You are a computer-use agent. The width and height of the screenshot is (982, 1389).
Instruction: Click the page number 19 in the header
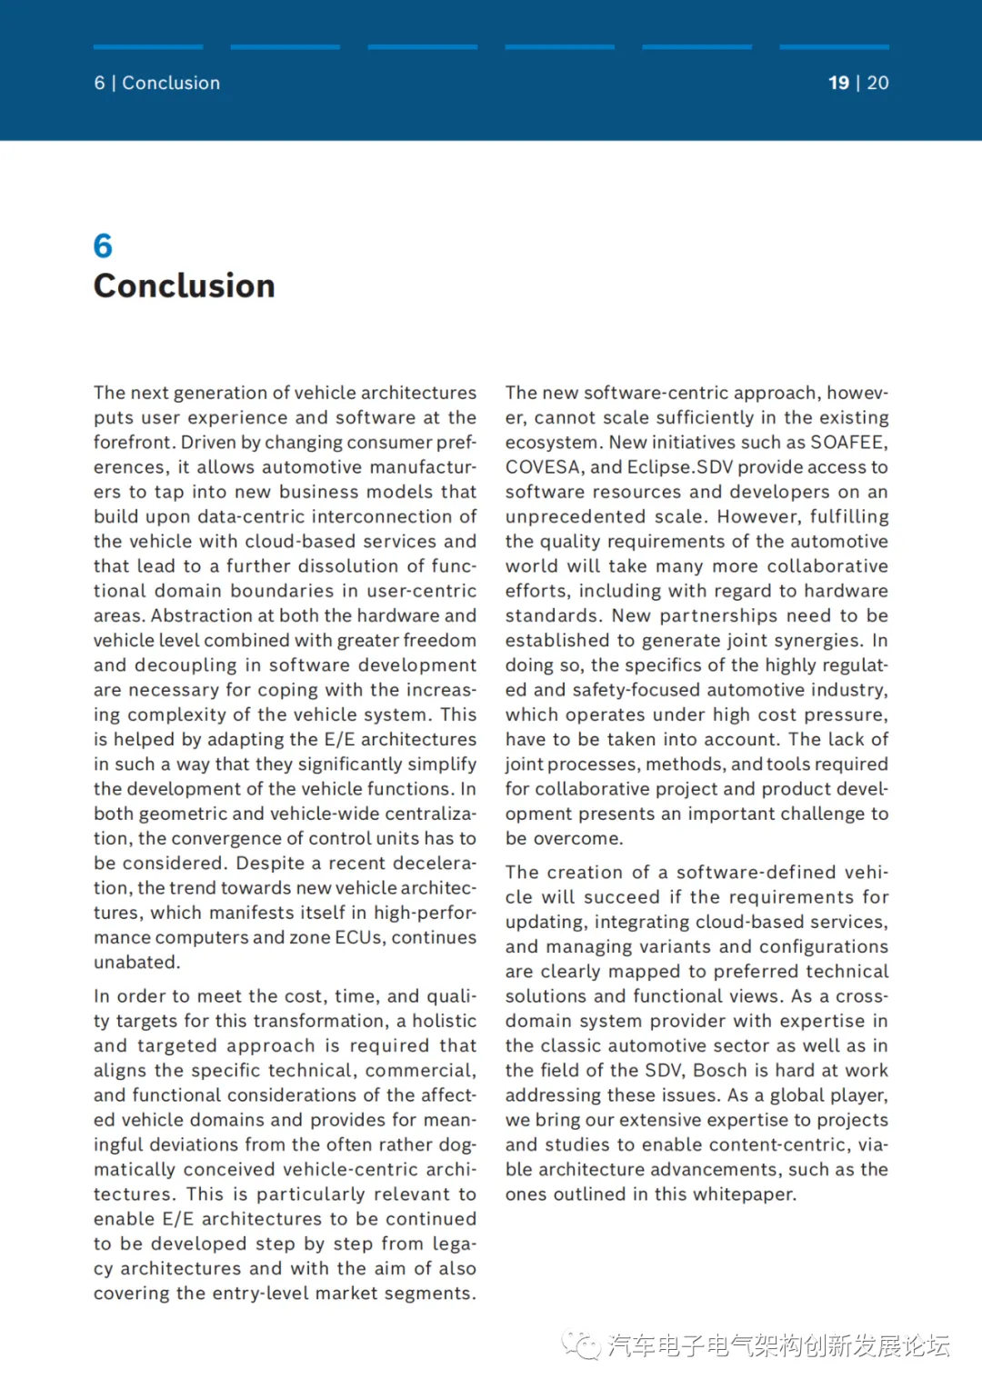tap(838, 83)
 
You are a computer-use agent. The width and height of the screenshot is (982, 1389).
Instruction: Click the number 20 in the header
tap(877, 83)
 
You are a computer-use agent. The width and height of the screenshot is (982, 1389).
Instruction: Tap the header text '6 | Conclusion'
tap(156, 83)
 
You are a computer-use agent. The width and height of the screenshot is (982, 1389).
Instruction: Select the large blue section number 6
tap(103, 245)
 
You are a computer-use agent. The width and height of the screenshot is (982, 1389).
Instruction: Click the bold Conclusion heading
tap(184, 286)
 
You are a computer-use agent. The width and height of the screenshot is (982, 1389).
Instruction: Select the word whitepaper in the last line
tap(742, 1194)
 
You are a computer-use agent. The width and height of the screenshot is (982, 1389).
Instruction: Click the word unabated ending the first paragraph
tap(136, 963)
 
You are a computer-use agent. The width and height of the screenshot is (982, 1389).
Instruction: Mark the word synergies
tap(817, 641)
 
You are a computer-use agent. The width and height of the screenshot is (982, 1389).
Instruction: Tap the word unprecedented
tap(576, 517)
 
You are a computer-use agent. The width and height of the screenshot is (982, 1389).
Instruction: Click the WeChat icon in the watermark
tap(580, 1345)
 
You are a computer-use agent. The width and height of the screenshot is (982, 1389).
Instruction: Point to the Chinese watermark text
tap(778, 1345)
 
